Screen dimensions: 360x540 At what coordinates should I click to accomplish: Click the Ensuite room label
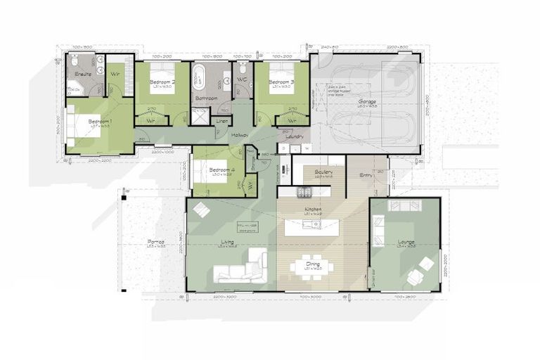(84, 73)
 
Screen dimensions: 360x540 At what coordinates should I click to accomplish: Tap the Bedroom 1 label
(99, 121)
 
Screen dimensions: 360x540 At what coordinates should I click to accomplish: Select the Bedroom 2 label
(162, 82)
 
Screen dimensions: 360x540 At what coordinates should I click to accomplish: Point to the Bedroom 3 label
(281, 82)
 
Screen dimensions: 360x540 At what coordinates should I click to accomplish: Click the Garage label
(367, 102)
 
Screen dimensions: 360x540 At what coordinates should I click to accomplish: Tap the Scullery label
(323, 172)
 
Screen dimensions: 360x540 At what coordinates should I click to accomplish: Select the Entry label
(366, 175)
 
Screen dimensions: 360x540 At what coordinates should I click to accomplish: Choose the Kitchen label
(312, 210)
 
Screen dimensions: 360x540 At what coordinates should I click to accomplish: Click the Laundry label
(294, 136)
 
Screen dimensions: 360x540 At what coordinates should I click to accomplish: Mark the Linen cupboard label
(222, 120)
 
